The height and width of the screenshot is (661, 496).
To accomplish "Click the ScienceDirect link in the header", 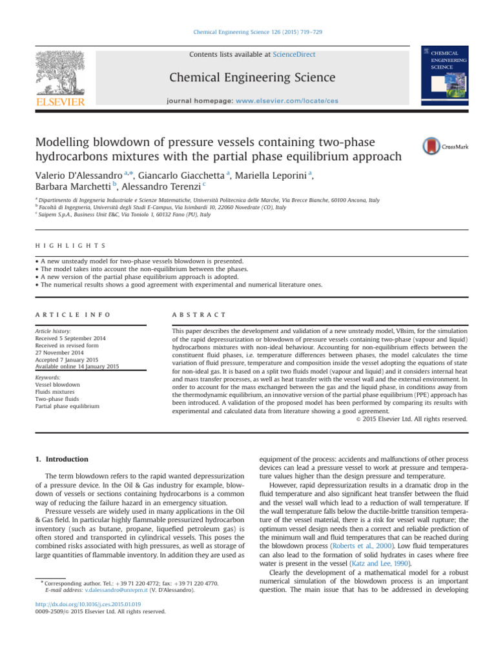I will coord(293,55).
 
